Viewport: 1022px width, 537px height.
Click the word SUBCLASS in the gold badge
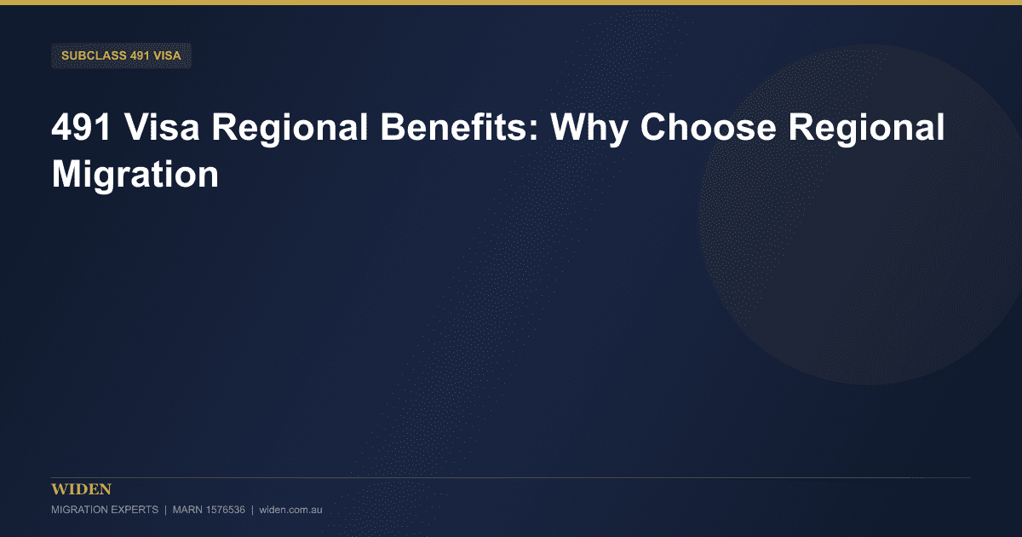click(94, 55)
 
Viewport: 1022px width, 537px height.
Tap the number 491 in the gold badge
click(140, 55)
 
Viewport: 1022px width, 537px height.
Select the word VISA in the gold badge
click(168, 55)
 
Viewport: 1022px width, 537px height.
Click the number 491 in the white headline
click(81, 127)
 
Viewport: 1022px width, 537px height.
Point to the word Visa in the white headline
click(162, 127)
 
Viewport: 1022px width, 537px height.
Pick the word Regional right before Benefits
click(290, 129)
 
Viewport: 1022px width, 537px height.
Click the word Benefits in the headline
click(460, 127)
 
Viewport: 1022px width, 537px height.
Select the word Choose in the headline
click(708, 127)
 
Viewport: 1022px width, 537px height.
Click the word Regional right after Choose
click(866, 129)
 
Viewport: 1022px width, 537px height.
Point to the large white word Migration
click(135, 176)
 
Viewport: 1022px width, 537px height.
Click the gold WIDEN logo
click(81, 489)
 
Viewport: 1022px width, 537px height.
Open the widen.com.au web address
click(290, 510)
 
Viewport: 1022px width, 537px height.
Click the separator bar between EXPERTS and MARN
click(165, 510)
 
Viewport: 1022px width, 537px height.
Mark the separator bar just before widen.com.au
click(252, 510)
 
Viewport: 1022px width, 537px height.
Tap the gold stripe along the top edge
click(511, 3)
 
